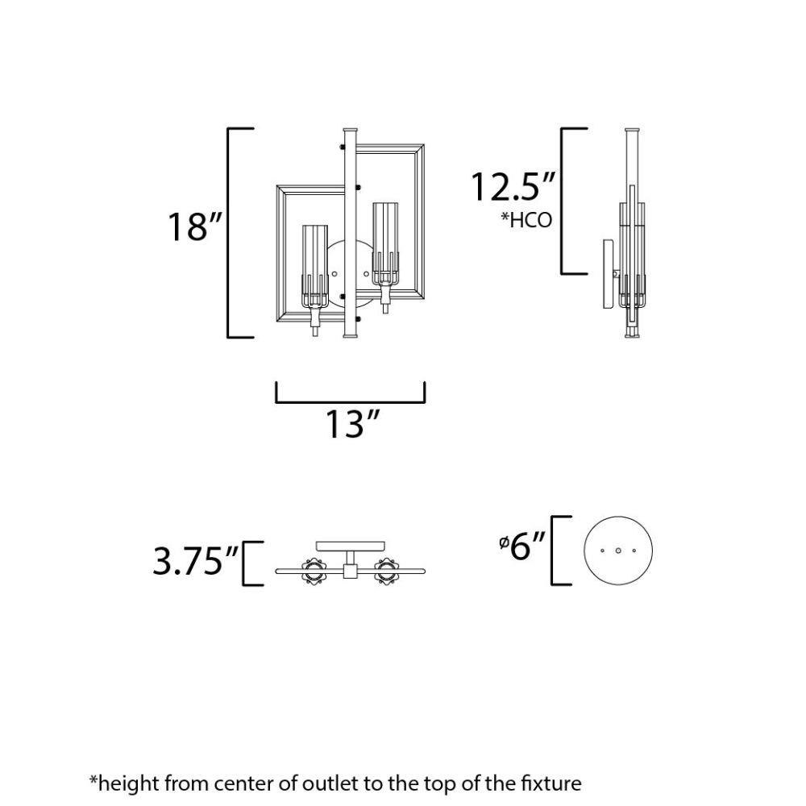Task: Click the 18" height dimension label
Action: point(195,226)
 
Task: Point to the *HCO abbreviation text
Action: point(526,220)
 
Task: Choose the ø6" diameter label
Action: point(521,546)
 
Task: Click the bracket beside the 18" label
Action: point(229,232)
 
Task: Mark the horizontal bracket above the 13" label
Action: point(351,401)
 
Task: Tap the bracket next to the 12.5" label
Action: point(563,201)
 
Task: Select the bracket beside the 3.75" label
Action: point(244,563)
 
